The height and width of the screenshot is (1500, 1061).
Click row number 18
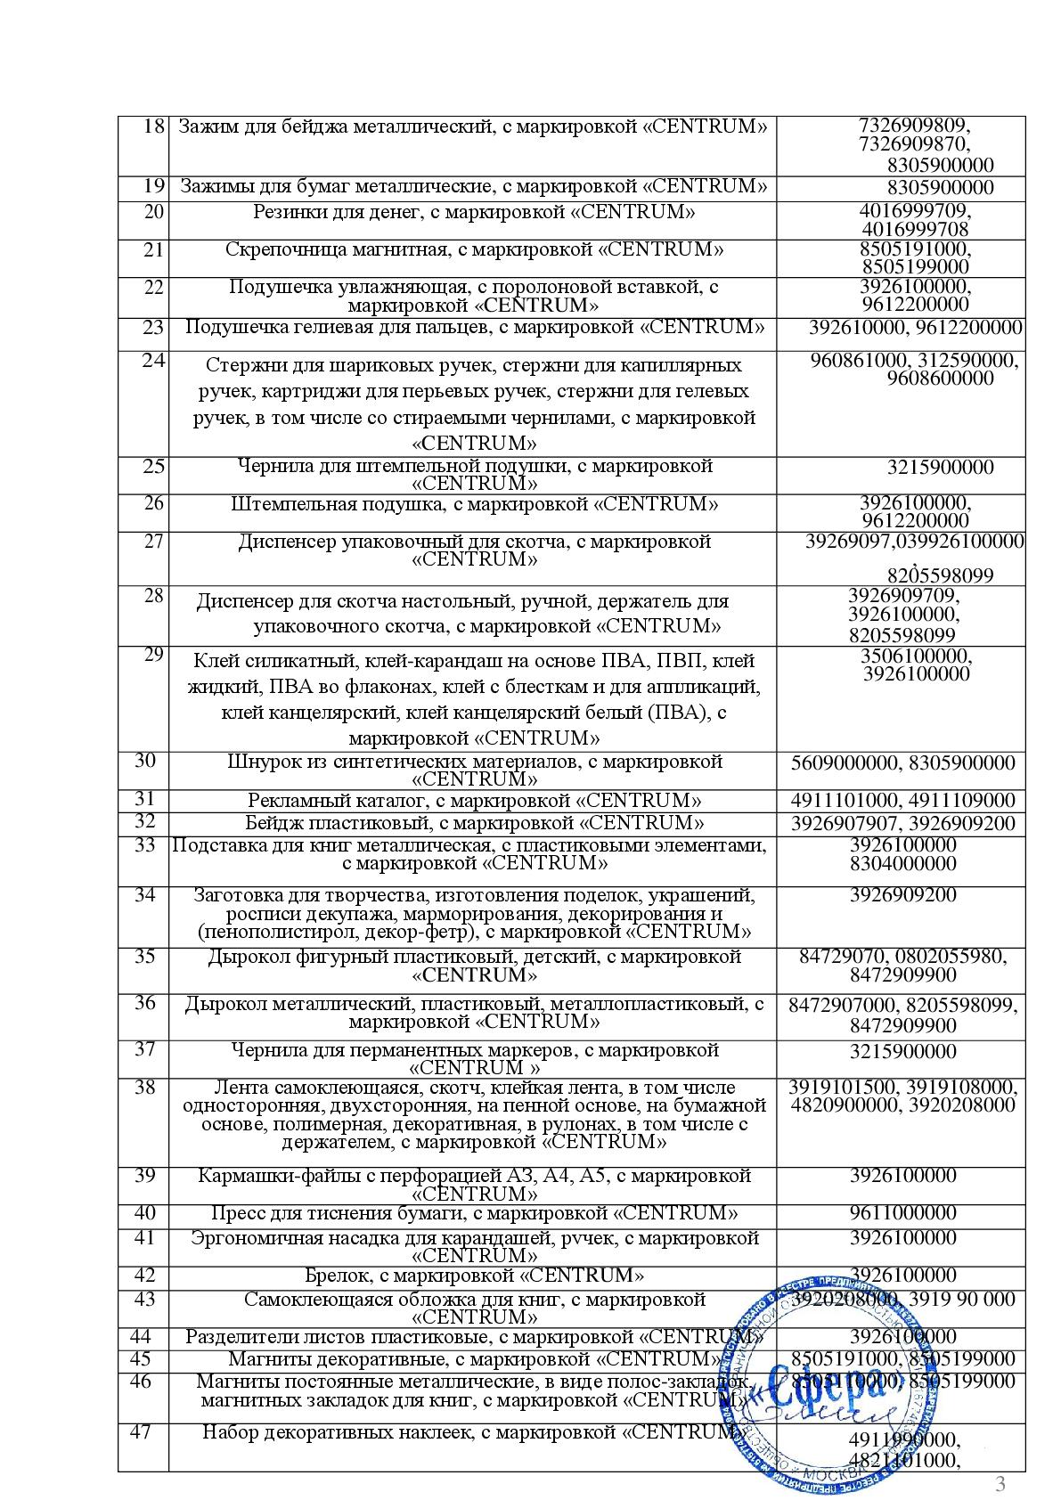[153, 126]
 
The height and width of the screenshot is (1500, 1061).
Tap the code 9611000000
[902, 1213]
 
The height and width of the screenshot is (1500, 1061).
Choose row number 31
[145, 799]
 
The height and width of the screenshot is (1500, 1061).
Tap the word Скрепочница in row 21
[280, 249]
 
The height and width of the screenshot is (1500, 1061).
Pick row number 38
[145, 1088]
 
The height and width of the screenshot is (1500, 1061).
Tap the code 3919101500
[843, 1088]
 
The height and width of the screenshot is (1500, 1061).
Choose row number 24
[153, 361]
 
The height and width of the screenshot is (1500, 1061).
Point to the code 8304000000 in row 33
[902, 864]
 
